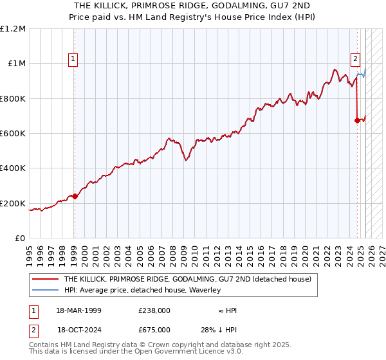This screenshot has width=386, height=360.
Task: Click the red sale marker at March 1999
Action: tap(75, 197)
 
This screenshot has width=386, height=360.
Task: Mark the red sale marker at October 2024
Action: tap(357, 120)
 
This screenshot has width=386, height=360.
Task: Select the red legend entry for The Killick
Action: tap(187, 280)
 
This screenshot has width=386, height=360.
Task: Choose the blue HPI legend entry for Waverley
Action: tap(142, 290)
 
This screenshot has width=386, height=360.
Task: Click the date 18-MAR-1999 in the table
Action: tap(78, 310)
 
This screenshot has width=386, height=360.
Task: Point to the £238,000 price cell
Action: tap(154, 310)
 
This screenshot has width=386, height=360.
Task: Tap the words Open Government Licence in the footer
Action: tap(183, 352)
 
